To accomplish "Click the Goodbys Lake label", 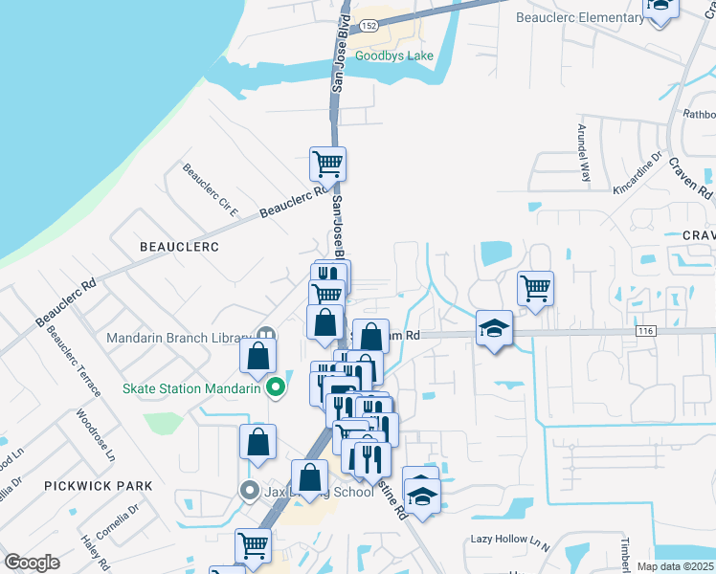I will [x=394, y=55].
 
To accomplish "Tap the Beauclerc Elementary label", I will [x=580, y=17].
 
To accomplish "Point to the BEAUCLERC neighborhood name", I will [x=179, y=247].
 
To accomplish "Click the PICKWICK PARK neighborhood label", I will [x=98, y=486].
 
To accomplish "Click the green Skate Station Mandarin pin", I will [x=277, y=388].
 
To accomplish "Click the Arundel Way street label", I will [x=584, y=152].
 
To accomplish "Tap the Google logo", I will [x=32, y=563].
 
